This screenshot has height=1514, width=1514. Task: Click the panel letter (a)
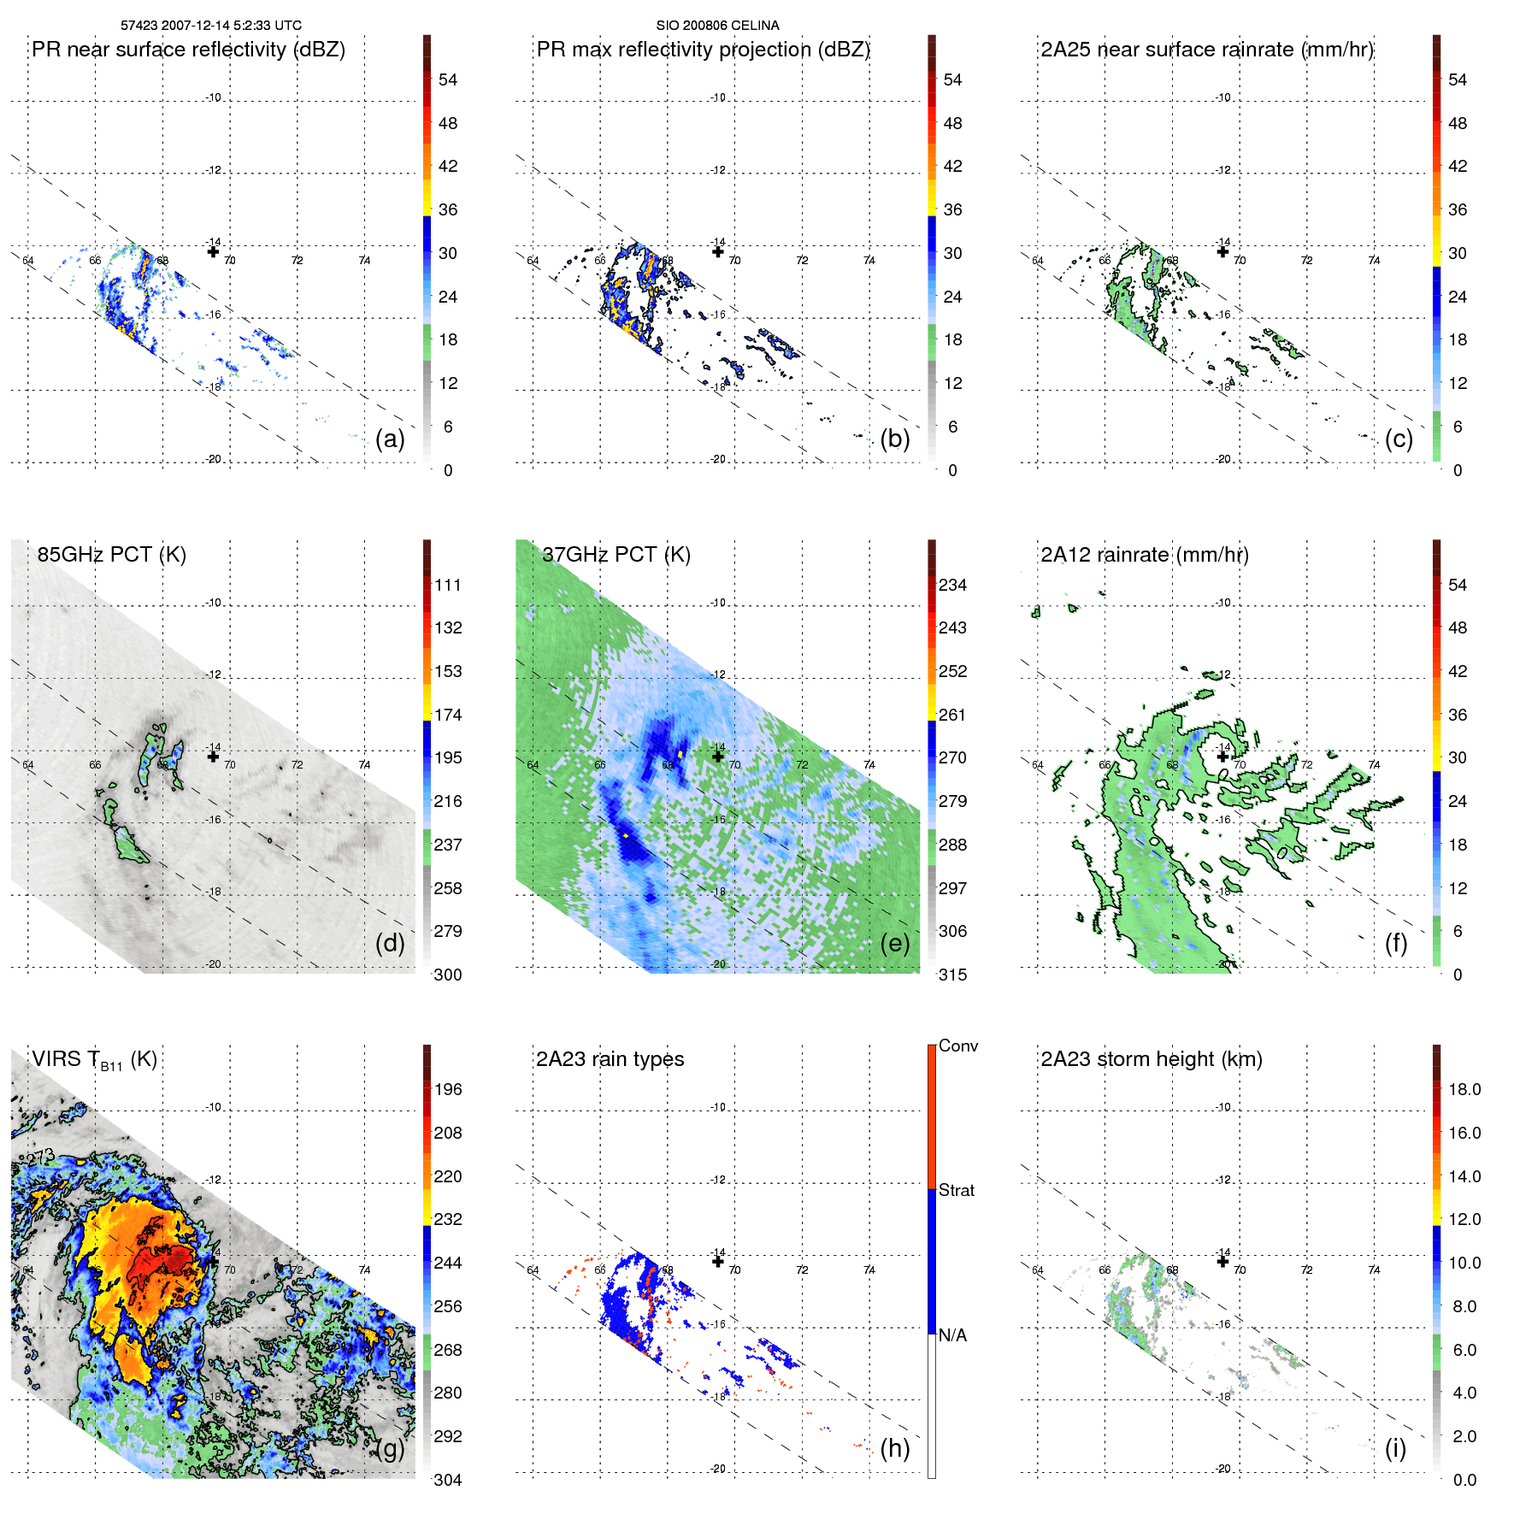pos(389,439)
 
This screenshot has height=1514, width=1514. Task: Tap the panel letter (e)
pos(894,943)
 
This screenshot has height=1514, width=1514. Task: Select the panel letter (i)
pos(1395,1448)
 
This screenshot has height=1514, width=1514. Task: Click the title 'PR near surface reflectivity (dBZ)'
pos(188,50)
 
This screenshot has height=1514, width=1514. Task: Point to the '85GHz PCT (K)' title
pos(111,554)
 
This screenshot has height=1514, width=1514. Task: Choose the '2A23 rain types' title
pos(610,1059)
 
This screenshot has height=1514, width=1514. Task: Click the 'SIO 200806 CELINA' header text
pos(717,25)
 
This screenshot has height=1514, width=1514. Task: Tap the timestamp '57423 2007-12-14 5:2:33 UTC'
pos(211,25)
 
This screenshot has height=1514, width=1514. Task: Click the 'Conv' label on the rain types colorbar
pos(958,1046)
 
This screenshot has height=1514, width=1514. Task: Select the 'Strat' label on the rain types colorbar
pos(957,1190)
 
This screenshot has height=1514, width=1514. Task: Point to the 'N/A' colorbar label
pos(953,1335)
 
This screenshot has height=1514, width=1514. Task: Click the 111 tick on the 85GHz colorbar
pos(448,585)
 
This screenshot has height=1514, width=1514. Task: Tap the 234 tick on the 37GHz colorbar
pos(952,585)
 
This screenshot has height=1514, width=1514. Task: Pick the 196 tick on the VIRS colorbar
pos(448,1089)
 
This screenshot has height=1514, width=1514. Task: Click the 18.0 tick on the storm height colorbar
pos(1464,1089)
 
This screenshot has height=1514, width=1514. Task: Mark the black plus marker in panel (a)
pos(213,251)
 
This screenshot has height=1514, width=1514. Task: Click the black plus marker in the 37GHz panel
pos(718,756)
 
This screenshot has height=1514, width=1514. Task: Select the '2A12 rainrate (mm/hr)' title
pos(1145,554)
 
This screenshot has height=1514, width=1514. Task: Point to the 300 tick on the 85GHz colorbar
pos(448,975)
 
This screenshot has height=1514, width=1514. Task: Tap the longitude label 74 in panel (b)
pos(869,260)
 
